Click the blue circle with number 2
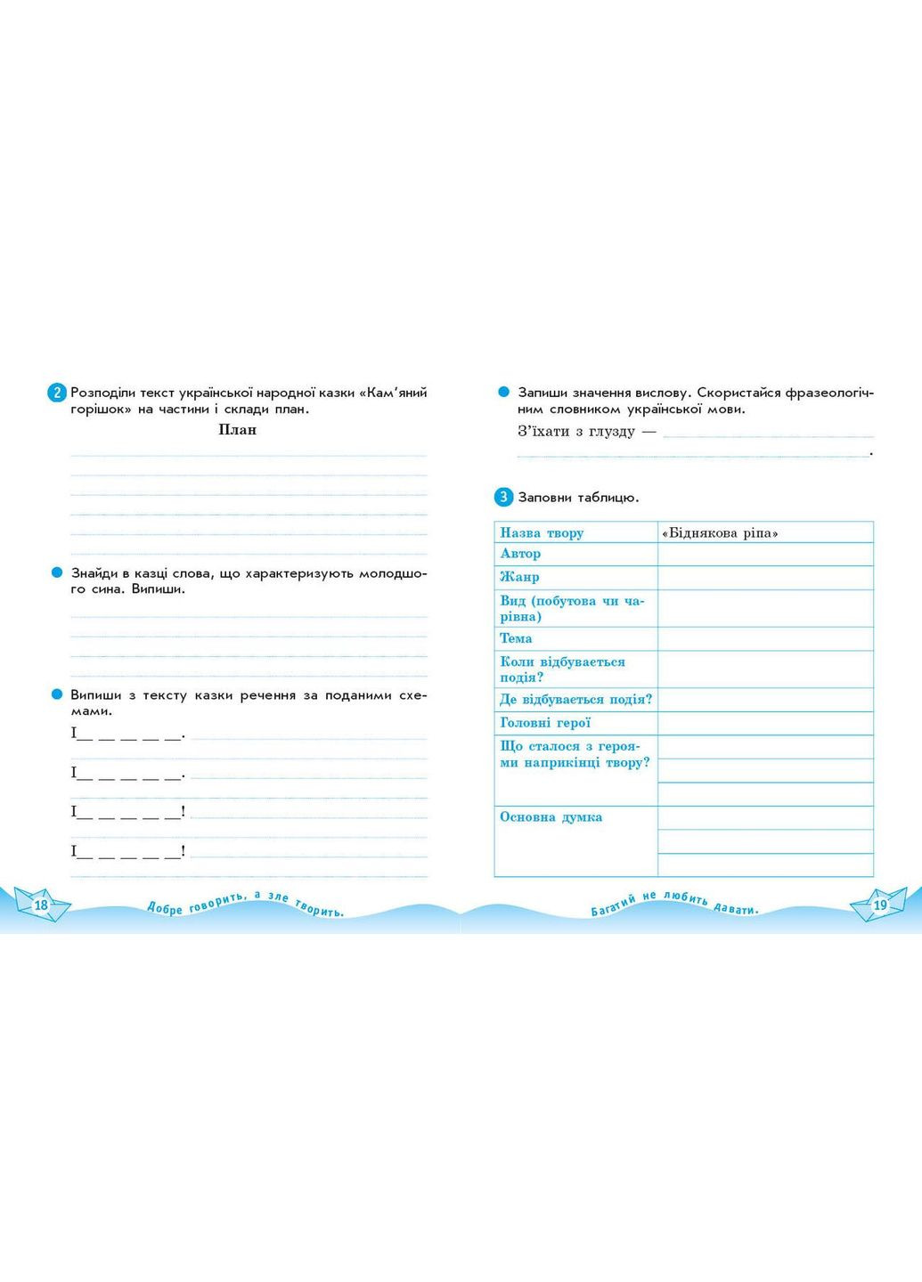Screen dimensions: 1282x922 point(56,393)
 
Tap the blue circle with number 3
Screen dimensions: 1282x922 point(503,497)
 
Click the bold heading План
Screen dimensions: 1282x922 point(237,430)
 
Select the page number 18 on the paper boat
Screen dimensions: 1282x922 point(41,905)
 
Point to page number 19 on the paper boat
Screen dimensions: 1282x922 point(880,905)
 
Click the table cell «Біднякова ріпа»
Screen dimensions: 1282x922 point(720,532)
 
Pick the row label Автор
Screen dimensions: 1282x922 point(520,554)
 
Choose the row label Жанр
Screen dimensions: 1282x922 point(519,577)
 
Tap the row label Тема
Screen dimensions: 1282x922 point(516,638)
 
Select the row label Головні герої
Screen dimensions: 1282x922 point(545,723)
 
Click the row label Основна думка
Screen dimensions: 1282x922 point(551,816)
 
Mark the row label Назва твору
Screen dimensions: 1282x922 point(542,532)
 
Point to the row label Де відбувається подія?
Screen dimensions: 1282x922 point(575,700)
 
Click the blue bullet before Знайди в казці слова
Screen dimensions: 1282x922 point(56,573)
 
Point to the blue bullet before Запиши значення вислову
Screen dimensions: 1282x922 point(503,393)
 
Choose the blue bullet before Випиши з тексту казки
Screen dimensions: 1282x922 point(56,694)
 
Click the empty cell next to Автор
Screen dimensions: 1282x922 point(765,554)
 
